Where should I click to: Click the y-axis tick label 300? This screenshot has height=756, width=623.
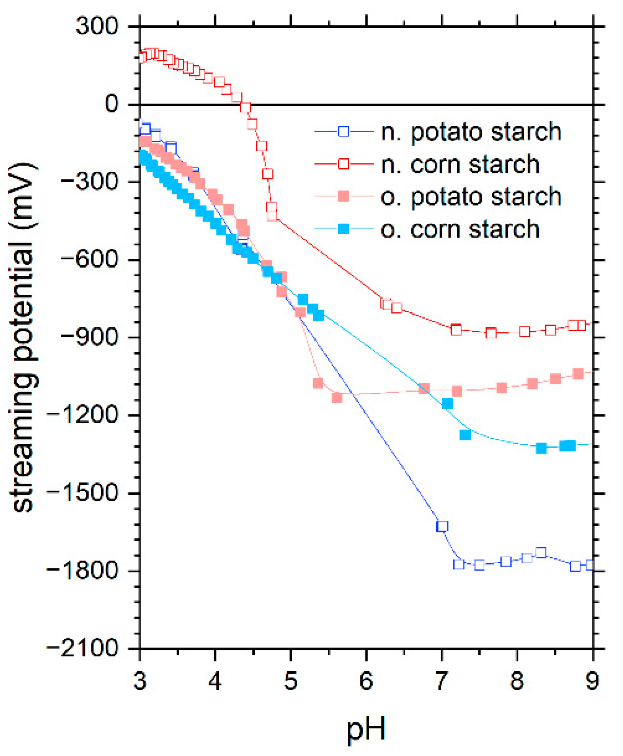tap(97, 27)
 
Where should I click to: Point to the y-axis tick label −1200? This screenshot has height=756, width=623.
tap(82, 416)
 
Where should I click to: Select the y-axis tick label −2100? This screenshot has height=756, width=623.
tap(82, 648)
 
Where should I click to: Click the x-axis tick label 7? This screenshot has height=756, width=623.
tap(441, 681)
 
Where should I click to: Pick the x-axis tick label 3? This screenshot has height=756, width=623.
tap(140, 681)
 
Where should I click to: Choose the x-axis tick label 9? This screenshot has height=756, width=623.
tap(592, 681)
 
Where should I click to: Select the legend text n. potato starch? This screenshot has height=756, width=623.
tap(471, 132)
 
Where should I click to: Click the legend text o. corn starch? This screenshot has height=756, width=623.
tap(460, 229)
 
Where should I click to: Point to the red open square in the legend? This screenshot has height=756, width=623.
tap(343, 164)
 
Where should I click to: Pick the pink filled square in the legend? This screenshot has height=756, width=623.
tap(343, 196)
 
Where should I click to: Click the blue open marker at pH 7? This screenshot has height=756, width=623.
tap(442, 526)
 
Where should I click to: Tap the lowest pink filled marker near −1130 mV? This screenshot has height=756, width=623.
tap(337, 397)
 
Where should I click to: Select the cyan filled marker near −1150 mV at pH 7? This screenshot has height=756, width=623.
tap(447, 403)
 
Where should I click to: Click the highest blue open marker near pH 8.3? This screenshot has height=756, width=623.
tap(541, 553)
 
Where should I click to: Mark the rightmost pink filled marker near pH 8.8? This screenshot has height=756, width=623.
tap(578, 374)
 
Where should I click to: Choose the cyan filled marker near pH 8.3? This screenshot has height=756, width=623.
tap(541, 448)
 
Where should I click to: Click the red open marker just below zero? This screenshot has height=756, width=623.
tap(245, 107)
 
